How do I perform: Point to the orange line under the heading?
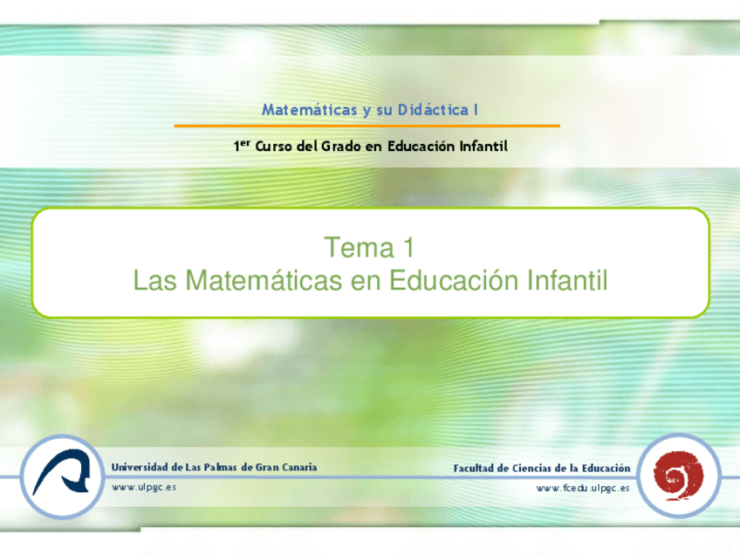pyautogui.click(x=367, y=127)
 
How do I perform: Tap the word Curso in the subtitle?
pyautogui.click(x=274, y=147)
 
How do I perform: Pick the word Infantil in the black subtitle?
pyautogui.click(x=483, y=147)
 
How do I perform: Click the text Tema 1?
pyautogui.click(x=369, y=249)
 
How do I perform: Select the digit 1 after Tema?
pyautogui.click(x=406, y=249)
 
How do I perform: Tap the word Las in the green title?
pyautogui.click(x=154, y=281)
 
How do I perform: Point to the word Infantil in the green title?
pyautogui.click(x=566, y=281)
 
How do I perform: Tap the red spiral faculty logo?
pyautogui.click(x=678, y=476)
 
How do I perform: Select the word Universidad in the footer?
pyautogui.click(x=140, y=467)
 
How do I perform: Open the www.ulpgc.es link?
pyautogui.click(x=144, y=487)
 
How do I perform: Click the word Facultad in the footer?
pyautogui.click(x=476, y=469)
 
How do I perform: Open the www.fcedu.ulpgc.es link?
pyautogui.click(x=583, y=488)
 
